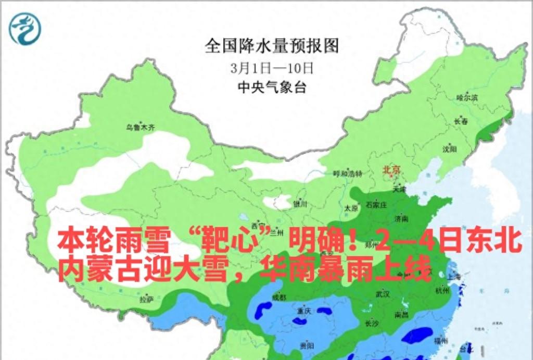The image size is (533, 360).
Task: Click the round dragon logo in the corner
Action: click(24, 29)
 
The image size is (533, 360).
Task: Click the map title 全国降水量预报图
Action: click(272, 46)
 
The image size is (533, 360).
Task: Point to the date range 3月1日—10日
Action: click(272, 68)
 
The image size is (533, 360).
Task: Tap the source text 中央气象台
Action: click(272, 88)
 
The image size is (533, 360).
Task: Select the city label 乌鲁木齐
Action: click(140, 127)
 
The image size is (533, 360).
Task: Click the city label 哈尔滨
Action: click(467, 97)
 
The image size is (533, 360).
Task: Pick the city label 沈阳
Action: click(449, 149)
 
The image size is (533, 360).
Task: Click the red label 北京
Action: click(391, 169)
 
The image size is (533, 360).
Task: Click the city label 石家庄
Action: click(376, 205)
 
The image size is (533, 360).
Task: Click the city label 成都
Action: click(279, 297)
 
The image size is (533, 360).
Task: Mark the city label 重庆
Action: click(304, 311)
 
